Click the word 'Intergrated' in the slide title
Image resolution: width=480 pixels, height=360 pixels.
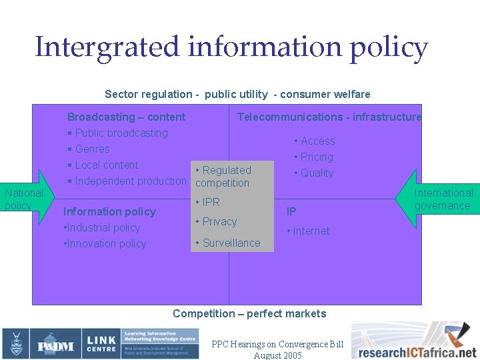pyautogui.click(x=107, y=48)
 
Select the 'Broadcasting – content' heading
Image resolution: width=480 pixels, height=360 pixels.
pyautogui.click(x=126, y=117)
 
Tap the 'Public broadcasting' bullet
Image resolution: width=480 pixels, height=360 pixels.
pyautogui.click(x=121, y=133)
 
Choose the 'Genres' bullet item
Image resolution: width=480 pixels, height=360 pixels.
pyautogui.click(x=92, y=149)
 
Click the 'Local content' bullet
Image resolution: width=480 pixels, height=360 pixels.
pyautogui.click(x=107, y=165)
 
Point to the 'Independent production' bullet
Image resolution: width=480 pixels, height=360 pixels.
pyautogui.click(x=131, y=181)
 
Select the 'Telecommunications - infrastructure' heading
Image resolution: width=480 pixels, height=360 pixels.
pyautogui.click(x=329, y=117)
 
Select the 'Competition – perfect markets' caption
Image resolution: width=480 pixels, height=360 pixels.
pyautogui.click(x=249, y=313)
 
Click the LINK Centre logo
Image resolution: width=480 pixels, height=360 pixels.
pyautogui.click(x=101, y=344)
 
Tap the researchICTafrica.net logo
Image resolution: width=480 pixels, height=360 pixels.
pyautogui.click(x=415, y=342)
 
